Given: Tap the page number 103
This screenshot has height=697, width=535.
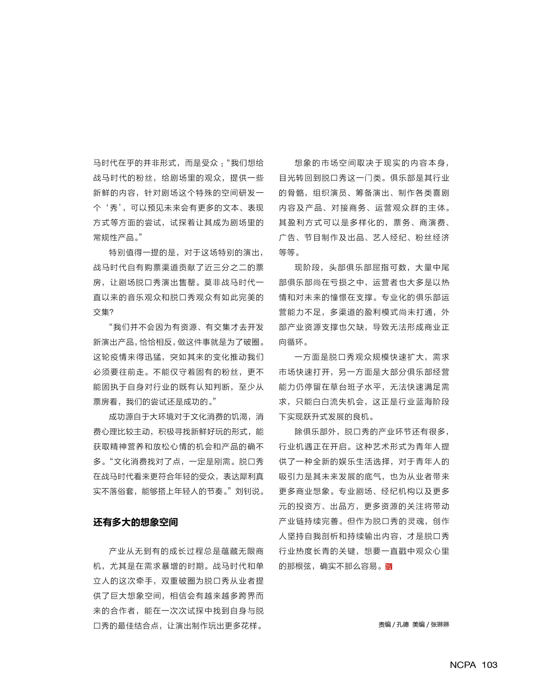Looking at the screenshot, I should [489, 665].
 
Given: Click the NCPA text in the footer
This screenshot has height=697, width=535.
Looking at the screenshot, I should [463, 665].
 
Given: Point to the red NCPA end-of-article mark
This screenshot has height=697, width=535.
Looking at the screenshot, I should [389, 566].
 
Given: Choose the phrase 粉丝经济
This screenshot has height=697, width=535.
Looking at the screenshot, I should [432, 238].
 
